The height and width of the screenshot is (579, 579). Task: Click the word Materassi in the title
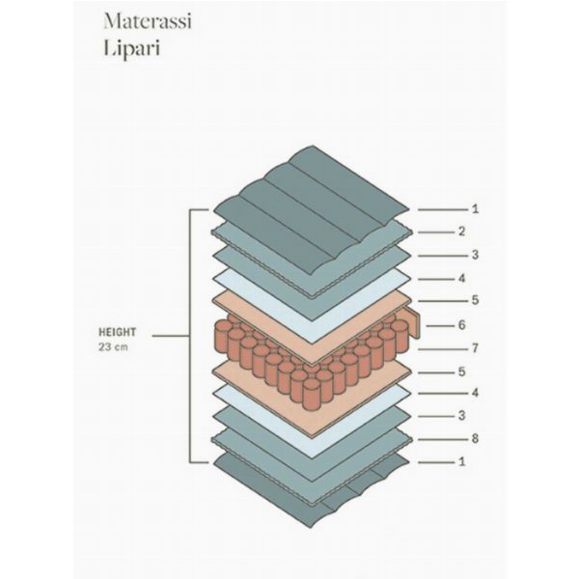(148, 21)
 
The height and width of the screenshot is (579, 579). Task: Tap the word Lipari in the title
(132, 48)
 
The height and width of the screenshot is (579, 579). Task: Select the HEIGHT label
(117, 332)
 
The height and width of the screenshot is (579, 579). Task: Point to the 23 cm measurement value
(113, 347)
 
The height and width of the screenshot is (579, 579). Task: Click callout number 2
(461, 232)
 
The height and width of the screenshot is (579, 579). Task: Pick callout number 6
(461, 325)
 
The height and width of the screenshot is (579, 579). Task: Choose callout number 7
(475, 348)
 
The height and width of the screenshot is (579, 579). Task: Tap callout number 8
(475, 439)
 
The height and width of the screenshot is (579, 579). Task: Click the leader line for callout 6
(440, 326)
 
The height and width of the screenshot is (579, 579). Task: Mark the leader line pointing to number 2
(436, 233)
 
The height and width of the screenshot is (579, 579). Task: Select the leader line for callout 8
(443, 439)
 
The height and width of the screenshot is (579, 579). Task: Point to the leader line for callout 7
(443, 349)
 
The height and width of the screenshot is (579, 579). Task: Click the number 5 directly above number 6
(475, 300)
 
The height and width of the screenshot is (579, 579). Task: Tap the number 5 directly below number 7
(461, 372)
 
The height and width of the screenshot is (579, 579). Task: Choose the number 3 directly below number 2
(475, 255)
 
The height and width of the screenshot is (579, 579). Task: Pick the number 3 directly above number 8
(461, 415)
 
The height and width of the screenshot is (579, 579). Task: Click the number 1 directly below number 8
(461, 461)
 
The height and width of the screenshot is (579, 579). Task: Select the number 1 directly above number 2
(475, 209)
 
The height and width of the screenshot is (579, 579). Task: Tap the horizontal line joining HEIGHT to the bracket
(171, 336)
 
